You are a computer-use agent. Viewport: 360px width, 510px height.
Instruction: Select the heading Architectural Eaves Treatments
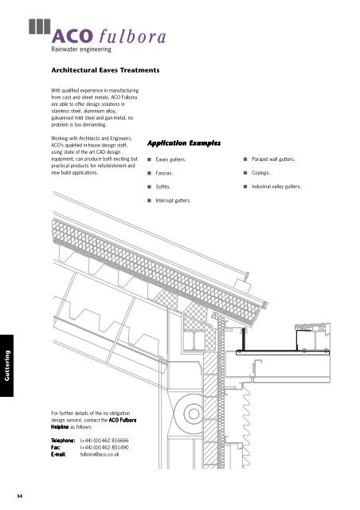(x=106, y=71)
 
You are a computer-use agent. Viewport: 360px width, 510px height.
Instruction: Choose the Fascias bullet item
(x=166, y=173)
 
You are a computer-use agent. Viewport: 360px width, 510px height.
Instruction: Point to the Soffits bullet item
(x=164, y=186)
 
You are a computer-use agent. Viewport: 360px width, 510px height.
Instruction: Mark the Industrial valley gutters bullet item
(x=276, y=186)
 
